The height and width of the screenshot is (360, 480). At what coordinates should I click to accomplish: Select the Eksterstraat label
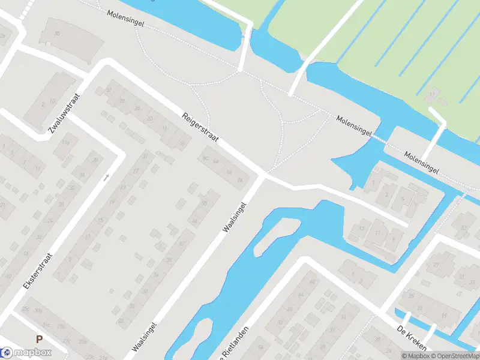point(38,271)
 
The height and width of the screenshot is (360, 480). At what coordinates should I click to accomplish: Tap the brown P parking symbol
point(40,339)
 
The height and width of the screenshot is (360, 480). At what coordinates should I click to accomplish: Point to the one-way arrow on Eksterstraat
point(107,177)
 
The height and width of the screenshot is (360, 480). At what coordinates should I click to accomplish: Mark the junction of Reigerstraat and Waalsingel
point(263,175)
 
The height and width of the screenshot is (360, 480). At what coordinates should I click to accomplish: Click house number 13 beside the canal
point(362,228)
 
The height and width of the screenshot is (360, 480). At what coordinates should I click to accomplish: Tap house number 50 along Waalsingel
point(204,203)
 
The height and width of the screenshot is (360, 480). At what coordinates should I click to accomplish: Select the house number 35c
point(25,310)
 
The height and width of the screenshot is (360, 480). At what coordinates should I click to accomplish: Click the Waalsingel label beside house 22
point(145,337)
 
